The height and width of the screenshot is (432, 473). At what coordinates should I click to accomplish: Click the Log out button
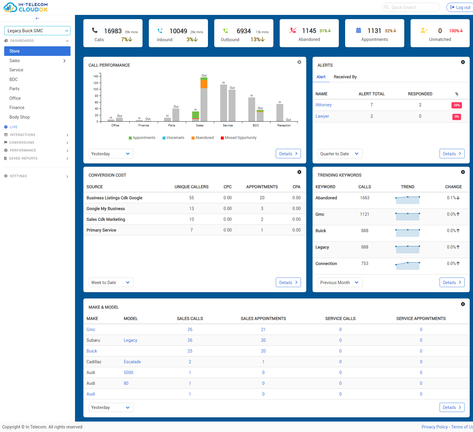(x=460, y=7)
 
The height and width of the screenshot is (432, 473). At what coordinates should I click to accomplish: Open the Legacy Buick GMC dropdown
(x=37, y=31)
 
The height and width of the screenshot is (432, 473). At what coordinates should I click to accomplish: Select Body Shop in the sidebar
(x=19, y=117)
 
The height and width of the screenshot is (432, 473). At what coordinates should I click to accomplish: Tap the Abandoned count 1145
(x=309, y=31)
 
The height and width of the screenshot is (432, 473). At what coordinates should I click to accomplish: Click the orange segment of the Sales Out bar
(x=204, y=84)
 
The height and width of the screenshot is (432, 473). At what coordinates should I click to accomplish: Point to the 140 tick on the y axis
(x=96, y=76)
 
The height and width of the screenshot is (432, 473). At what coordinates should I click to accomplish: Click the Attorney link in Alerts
(x=323, y=105)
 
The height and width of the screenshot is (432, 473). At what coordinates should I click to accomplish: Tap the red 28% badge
(x=457, y=105)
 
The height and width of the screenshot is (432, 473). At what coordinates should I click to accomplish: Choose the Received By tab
(x=345, y=77)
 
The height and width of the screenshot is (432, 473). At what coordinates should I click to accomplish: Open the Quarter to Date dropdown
(x=340, y=154)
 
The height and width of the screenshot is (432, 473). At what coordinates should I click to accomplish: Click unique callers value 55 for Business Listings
(x=192, y=198)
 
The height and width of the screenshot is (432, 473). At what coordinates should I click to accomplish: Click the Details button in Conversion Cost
(x=288, y=283)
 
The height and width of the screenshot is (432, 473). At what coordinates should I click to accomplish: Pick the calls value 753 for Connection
(x=365, y=264)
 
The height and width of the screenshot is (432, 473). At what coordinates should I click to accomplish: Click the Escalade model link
(x=132, y=362)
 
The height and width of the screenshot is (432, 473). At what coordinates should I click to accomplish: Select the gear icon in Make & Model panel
(x=463, y=304)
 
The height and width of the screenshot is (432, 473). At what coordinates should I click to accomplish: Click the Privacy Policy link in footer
(x=434, y=427)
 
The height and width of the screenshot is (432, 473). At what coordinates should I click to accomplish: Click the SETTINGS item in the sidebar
(x=19, y=176)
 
